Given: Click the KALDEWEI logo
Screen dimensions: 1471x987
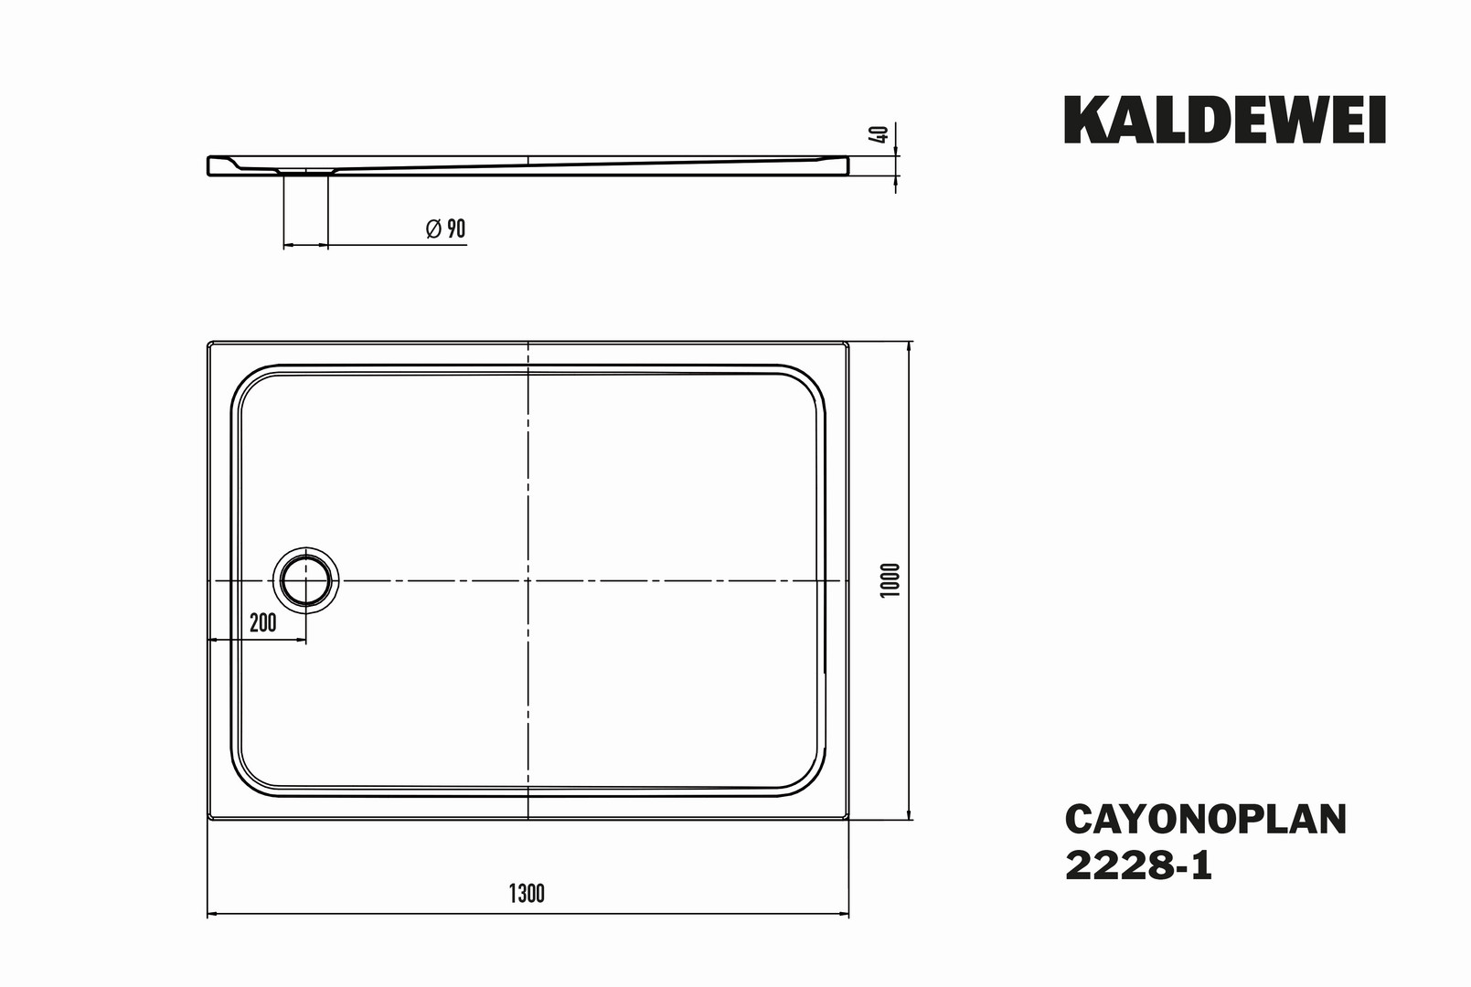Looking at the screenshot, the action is click(1225, 120).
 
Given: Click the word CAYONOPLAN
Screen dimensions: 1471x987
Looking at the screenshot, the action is click(1206, 820).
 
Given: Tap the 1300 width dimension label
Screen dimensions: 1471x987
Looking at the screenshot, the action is click(527, 893).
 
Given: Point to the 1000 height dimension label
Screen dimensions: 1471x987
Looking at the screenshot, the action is click(890, 580).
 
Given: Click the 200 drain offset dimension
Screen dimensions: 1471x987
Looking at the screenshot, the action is click(262, 622).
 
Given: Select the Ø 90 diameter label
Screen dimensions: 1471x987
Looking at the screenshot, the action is click(446, 228).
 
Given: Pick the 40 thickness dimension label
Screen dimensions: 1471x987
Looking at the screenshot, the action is click(881, 133).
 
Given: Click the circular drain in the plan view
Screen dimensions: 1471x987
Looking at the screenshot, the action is click(306, 581).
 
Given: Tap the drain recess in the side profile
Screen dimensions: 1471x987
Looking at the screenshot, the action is click(306, 171).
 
